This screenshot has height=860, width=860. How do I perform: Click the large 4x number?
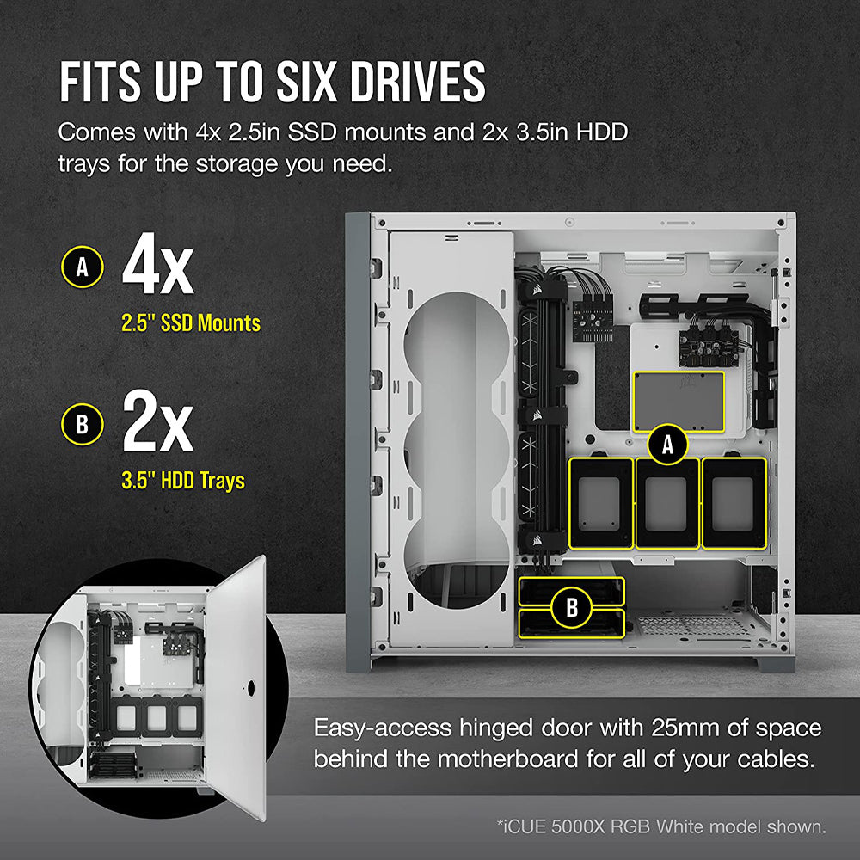click(157, 268)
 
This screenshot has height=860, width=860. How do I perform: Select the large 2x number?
click(157, 424)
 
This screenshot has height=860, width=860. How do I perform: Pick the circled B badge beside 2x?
click(83, 424)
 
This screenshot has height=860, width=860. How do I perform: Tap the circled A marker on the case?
click(667, 444)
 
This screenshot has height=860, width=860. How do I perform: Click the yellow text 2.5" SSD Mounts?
click(190, 323)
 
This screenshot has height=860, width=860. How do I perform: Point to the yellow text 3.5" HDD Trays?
click(183, 481)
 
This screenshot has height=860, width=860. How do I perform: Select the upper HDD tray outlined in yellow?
click(572, 589)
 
